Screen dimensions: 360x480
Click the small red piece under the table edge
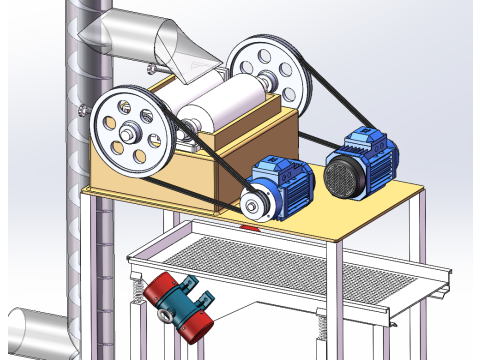(x=250, y=228)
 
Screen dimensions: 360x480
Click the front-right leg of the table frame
(x=337, y=300)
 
